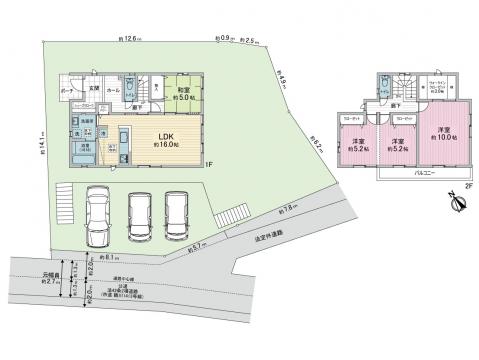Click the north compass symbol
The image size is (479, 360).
tap(458, 203)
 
